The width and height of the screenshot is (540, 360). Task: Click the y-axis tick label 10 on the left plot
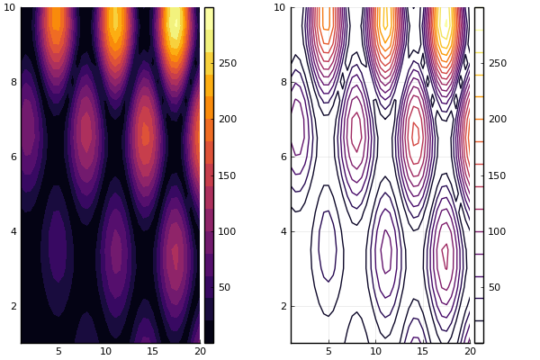(10, 7)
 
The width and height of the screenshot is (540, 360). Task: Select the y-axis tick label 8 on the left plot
(13, 82)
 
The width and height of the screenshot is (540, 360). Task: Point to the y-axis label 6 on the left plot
(13, 157)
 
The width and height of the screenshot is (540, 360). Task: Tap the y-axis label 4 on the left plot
(13, 231)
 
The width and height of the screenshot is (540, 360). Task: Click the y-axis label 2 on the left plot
(13, 306)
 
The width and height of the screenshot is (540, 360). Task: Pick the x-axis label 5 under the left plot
(58, 351)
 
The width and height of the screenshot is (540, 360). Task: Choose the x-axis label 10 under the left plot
(105, 351)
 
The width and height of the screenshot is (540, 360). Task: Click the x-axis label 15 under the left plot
(153, 351)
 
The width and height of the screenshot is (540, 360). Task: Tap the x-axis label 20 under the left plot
(200, 351)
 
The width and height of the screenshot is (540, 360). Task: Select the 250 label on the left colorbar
(228, 63)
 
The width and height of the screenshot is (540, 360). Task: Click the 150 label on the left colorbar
(228, 175)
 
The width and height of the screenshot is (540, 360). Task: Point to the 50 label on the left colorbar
(224, 287)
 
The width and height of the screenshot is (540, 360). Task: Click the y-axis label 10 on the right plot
(280, 7)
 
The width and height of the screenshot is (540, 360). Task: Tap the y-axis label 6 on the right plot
(283, 157)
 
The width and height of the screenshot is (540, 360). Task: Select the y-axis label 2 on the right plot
(283, 306)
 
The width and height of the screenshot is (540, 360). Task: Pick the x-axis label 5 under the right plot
(328, 351)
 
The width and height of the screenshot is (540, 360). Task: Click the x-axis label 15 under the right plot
(423, 351)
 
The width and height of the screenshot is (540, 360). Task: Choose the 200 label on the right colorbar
(498, 119)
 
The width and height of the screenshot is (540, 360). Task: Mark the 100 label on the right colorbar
(498, 231)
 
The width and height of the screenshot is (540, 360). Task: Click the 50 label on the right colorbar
(494, 287)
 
